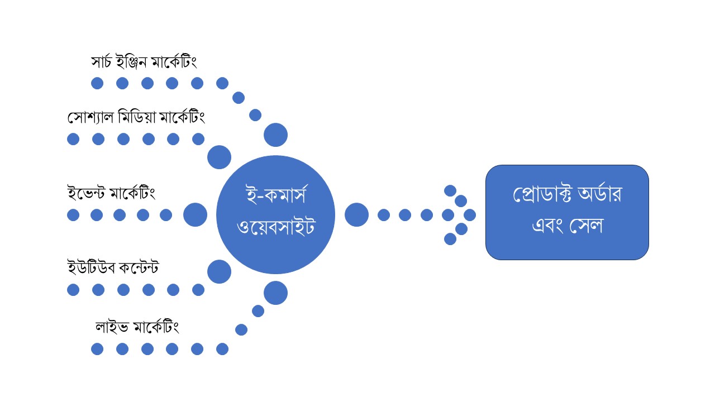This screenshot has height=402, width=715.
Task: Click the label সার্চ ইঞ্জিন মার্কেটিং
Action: click(144, 62)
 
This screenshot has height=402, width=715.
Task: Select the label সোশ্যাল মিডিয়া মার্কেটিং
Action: click(136, 118)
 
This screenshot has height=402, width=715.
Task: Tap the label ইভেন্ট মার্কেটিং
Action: click(111, 193)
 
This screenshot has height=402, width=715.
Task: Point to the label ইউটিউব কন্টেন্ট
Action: click(113, 268)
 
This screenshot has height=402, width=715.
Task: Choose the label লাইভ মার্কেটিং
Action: click(137, 327)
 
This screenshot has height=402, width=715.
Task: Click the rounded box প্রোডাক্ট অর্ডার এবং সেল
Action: click(566, 212)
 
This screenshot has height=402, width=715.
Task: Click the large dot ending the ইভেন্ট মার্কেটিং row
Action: click(195, 215)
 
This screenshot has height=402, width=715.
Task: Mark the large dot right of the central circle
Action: click(356, 215)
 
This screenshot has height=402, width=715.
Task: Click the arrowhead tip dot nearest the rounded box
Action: click(470, 215)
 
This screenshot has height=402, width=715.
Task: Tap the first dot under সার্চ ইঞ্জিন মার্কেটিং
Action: click(97, 83)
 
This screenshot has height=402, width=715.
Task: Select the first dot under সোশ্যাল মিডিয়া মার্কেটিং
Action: click(73, 139)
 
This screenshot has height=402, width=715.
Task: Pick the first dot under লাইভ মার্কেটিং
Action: click(97, 349)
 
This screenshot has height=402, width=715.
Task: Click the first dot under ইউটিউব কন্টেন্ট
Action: click(73, 290)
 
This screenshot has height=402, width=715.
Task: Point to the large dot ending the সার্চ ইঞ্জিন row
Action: click(275, 135)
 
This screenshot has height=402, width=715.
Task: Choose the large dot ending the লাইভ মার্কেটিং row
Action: click(275, 293)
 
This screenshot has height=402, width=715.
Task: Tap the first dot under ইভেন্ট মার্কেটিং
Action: click(73, 215)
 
